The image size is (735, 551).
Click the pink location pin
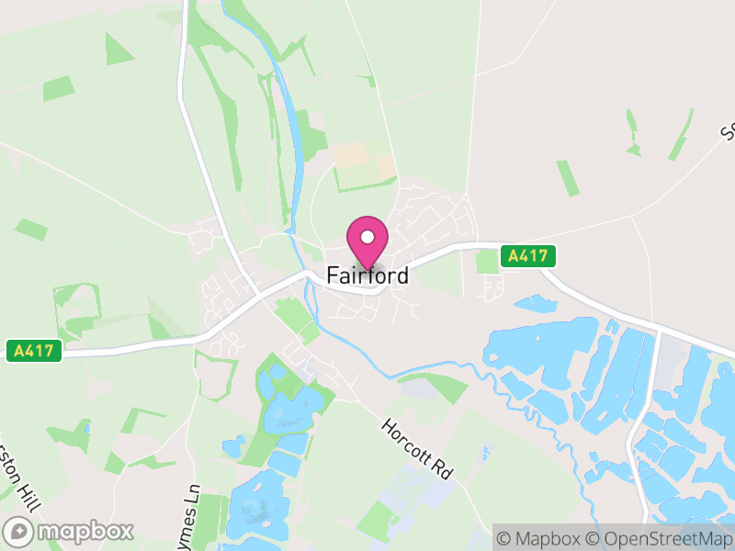[367, 241]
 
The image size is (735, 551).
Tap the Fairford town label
[367, 275]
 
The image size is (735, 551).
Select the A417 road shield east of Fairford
[528, 256]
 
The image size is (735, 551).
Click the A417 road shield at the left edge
[34, 350]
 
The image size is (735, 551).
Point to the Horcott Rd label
[418, 448]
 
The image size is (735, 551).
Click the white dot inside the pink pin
[367, 237]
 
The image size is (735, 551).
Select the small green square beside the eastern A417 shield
[487, 262]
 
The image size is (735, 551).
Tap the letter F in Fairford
[334, 275]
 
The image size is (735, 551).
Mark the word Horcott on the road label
[408, 440]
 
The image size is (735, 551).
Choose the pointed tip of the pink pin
[367, 268]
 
